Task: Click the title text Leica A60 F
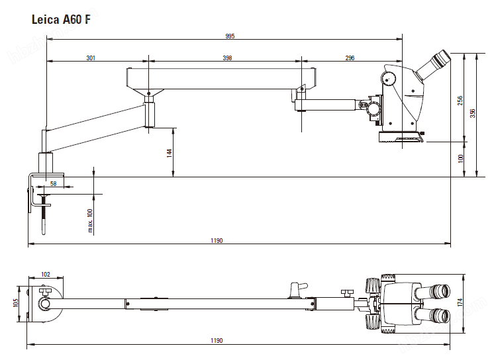(x=62, y=20)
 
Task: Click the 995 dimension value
(x=229, y=36)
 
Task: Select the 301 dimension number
(x=91, y=58)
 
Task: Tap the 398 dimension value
(x=227, y=58)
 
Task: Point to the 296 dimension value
(x=350, y=58)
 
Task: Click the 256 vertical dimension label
(x=460, y=100)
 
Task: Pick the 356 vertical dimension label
(x=472, y=113)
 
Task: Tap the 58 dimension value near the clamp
(x=53, y=183)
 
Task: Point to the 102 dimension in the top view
(x=46, y=274)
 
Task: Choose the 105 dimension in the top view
(x=16, y=304)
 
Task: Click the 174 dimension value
(x=460, y=302)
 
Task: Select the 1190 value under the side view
(x=217, y=241)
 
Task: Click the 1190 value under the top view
(x=217, y=340)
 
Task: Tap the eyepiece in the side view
(x=436, y=62)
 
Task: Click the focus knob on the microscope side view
(x=389, y=78)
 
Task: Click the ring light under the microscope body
(x=400, y=137)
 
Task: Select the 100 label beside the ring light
(x=460, y=158)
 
